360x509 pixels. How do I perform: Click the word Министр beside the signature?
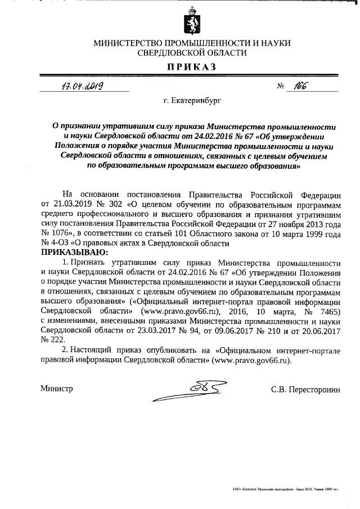[57, 389]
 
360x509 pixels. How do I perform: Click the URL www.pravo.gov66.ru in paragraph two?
[250, 359]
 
